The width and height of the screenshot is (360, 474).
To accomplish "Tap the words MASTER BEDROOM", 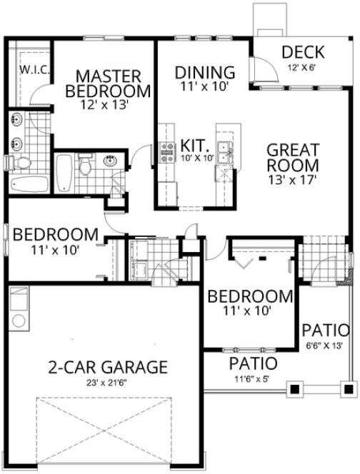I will point(108,83).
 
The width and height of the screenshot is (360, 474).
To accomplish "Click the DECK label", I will point(303,53).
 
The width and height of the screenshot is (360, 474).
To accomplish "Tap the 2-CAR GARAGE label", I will point(108,368).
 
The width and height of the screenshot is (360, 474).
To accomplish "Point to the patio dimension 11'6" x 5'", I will point(252,378).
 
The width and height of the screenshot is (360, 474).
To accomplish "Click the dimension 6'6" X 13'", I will point(326,346).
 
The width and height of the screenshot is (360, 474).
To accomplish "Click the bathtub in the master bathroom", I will point(29,183).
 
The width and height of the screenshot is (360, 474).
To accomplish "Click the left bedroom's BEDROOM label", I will point(55,234).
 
